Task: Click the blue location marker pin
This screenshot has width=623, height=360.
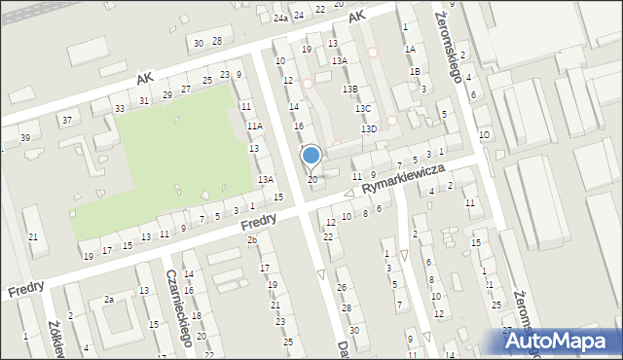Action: pos(311,156)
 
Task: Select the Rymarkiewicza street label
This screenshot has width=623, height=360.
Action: pos(403,177)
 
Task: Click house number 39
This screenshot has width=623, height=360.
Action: pos(25,137)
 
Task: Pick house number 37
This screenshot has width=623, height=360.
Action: pos(67,120)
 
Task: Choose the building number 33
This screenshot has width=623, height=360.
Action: pos(120,108)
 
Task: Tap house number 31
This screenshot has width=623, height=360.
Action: pos(144,101)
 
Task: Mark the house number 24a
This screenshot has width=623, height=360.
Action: pos(280,18)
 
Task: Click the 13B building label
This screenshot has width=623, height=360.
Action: pos(349,89)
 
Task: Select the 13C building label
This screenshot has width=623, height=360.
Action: pos(363,109)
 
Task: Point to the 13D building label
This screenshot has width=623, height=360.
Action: pos(369,128)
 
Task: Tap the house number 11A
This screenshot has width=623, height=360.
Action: pos(255,126)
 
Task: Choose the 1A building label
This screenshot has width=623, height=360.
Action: pos(410,49)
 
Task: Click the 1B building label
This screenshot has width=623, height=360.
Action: pos(416,70)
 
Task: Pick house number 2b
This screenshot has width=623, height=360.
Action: pos(251,239)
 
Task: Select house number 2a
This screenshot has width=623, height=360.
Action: pos(110,300)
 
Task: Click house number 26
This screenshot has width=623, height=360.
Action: pos(342,287)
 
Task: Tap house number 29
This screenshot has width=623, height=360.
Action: pos(167,94)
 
